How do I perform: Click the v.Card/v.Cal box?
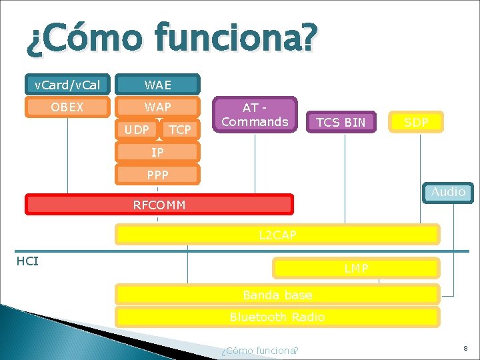pyautogui.click(x=67, y=85)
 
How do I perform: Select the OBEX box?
pyautogui.click(x=67, y=107)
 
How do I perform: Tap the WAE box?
pyautogui.click(x=158, y=85)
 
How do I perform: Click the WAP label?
pyautogui.click(x=158, y=107)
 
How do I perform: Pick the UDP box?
pyautogui.click(x=137, y=129)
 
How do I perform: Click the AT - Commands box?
pyautogui.click(x=255, y=115)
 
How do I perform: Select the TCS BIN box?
pyautogui.click(x=341, y=122)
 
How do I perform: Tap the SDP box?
pyautogui.click(x=416, y=122)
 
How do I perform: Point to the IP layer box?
pyautogui.click(x=157, y=153)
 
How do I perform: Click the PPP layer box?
pyautogui.click(x=157, y=175)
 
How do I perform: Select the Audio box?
pyautogui.click(x=448, y=192)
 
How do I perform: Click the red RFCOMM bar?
pyautogui.click(x=159, y=205)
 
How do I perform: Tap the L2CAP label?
pyautogui.click(x=277, y=235)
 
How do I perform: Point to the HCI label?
pyautogui.click(x=27, y=261)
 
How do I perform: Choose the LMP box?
pyautogui.click(x=356, y=268)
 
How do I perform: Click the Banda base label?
pyautogui.click(x=277, y=295)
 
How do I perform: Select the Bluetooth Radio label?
pyautogui.click(x=277, y=317)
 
